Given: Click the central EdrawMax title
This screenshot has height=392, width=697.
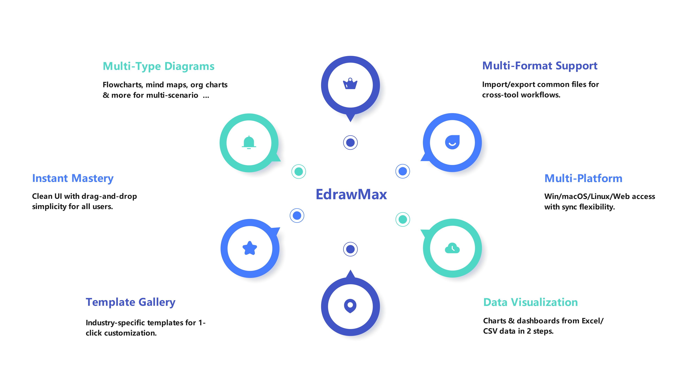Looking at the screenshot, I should pyautogui.click(x=351, y=194).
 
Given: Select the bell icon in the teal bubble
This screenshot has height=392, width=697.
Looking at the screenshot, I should pyautogui.click(x=249, y=143).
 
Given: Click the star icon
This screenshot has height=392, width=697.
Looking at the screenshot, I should pyautogui.click(x=250, y=248).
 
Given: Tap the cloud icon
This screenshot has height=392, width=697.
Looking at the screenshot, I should pyautogui.click(x=452, y=248).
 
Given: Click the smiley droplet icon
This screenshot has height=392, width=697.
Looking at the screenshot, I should pyautogui.click(x=452, y=142).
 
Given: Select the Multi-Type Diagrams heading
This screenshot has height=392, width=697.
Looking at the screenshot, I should pyautogui.click(x=159, y=66).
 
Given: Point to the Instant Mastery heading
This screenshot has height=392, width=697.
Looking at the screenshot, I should pyautogui.click(x=73, y=178).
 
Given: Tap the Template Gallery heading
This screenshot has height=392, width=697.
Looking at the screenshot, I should pyautogui.click(x=130, y=302).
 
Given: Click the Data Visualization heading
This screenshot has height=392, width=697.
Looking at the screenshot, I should pyautogui.click(x=530, y=302).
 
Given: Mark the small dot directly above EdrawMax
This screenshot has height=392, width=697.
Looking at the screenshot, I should pyautogui.click(x=350, y=143).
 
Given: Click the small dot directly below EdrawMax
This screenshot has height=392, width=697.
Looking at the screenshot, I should pyautogui.click(x=350, y=249).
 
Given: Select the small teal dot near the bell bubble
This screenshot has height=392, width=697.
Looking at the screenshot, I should pyautogui.click(x=299, y=171).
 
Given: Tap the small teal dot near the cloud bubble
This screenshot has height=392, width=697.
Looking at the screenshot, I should pyautogui.click(x=403, y=219).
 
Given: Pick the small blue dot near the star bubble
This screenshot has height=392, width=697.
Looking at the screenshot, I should pyautogui.click(x=297, y=216).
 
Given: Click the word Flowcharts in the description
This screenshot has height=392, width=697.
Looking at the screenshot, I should pyautogui.click(x=122, y=85).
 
